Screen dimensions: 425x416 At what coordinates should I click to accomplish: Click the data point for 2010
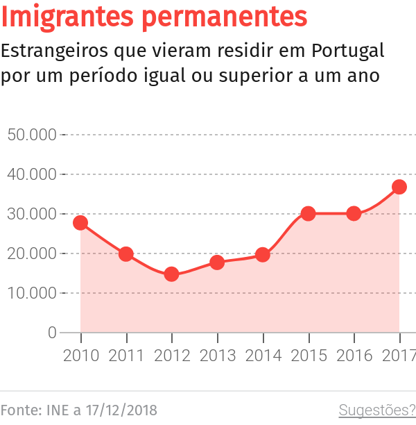coord(80,223)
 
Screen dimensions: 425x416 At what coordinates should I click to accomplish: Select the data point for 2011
coord(126,254)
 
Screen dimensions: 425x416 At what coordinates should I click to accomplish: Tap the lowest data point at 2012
coord(171,274)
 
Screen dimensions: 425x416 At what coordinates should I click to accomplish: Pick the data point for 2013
coord(217,262)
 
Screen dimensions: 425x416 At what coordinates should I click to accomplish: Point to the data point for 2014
coord(263,255)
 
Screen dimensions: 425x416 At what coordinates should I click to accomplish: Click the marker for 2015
coord(309,213)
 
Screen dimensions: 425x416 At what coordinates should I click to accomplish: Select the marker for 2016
coord(354,213)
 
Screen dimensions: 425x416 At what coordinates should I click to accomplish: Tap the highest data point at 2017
coord(399,187)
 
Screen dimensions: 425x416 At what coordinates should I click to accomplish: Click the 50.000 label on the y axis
coord(31,134)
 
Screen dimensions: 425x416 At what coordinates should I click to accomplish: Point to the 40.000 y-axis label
coord(31,174)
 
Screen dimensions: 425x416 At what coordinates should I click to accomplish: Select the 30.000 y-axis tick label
coord(31,214)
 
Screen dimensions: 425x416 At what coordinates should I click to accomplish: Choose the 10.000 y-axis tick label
coord(31,293)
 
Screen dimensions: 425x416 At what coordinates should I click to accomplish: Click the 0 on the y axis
coord(52,333)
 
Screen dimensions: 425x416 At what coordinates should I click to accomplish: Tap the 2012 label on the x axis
coord(171,356)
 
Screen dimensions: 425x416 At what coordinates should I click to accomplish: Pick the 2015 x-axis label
coord(309,356)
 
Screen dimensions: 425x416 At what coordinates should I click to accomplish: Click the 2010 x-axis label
coord(80,356)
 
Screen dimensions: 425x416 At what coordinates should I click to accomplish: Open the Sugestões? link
coord(376,410)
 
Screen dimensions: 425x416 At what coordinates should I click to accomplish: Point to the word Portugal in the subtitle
coord(348,51)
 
